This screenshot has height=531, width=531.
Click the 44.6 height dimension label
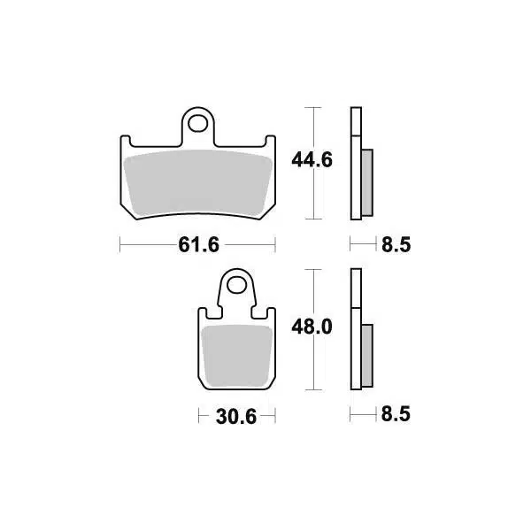coord(312,160)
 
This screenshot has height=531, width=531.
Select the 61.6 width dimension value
coord(199,244)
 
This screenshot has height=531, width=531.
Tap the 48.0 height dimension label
coord(312,327)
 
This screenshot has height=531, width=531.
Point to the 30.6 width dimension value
coord(236,417)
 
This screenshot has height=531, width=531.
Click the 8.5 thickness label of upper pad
coord(396,244)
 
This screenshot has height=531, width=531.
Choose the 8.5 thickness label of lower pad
coord(396,414)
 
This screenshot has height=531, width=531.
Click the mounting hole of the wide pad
coord(197,124)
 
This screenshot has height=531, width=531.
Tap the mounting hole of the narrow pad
coord(236,286)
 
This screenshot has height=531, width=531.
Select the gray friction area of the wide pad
coord(198,183)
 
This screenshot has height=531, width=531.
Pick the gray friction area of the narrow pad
coord(236,356)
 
